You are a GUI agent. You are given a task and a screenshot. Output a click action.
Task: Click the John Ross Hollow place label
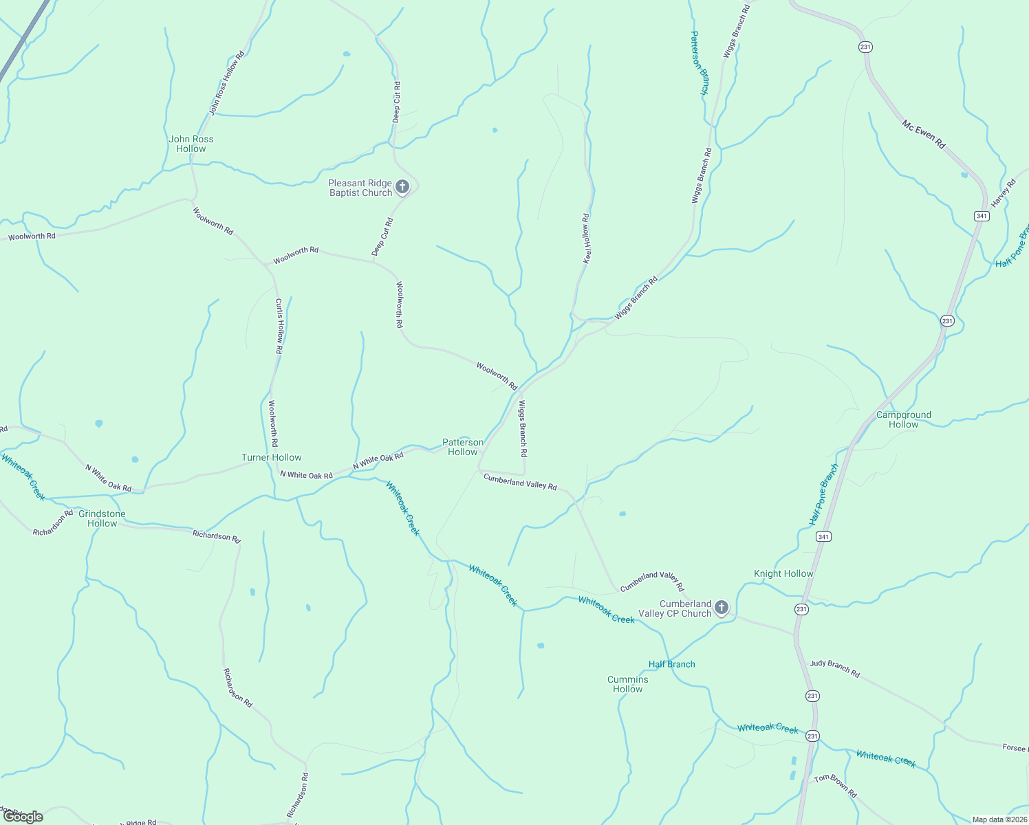pos(191,144)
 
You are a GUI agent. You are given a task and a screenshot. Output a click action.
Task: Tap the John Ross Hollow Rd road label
pos(227,83)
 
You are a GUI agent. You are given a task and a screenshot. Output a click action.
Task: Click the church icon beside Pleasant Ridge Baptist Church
pos(403,186)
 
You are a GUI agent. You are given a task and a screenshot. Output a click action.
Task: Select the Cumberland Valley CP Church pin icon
pos(721,607)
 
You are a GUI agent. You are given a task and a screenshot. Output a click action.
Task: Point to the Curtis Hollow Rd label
pos(279,326)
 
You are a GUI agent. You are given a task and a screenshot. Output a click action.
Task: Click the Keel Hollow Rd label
pos(586,239)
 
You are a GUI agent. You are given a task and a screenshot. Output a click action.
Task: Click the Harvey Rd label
pos(1004,193)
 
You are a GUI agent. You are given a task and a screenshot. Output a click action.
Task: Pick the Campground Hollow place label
pos(903,419)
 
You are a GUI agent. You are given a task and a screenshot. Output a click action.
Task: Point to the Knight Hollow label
pos(783,573)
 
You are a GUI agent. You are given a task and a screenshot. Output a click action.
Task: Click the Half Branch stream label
pos(671,664)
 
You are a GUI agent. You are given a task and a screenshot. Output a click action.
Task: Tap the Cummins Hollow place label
pos(627,684)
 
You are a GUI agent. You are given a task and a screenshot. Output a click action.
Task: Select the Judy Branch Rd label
pos(834,668)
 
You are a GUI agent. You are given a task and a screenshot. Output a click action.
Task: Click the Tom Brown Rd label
pos(835,786)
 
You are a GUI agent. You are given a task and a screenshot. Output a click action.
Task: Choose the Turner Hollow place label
pos(271,457)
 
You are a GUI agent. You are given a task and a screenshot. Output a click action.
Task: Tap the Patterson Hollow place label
pos(462,447)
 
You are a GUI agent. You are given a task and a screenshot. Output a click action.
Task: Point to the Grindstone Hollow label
pos(102,518)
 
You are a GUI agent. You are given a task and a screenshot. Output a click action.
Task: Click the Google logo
pos(23,817)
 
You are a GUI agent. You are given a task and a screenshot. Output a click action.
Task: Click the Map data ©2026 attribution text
pos(999,819)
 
